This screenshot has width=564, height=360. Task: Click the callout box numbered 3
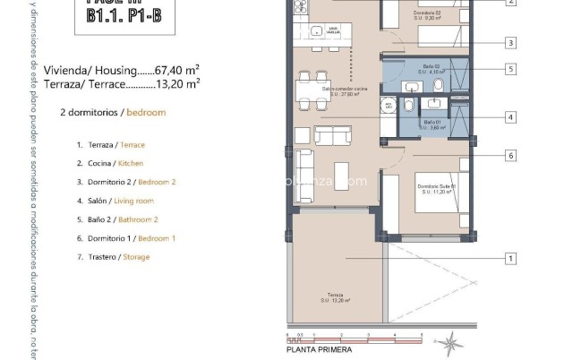click(x=509, y=42)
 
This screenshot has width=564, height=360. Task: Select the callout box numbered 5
click(x=509, y=68)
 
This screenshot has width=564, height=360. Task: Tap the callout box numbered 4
click(x=509, y=116)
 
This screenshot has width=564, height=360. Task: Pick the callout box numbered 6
click(x=509, y=155)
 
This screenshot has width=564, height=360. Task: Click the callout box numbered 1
click(x=509, y=259)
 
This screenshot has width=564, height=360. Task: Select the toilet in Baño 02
click(x=439, y=84)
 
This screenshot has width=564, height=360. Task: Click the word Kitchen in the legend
click(x=131, y=163)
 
